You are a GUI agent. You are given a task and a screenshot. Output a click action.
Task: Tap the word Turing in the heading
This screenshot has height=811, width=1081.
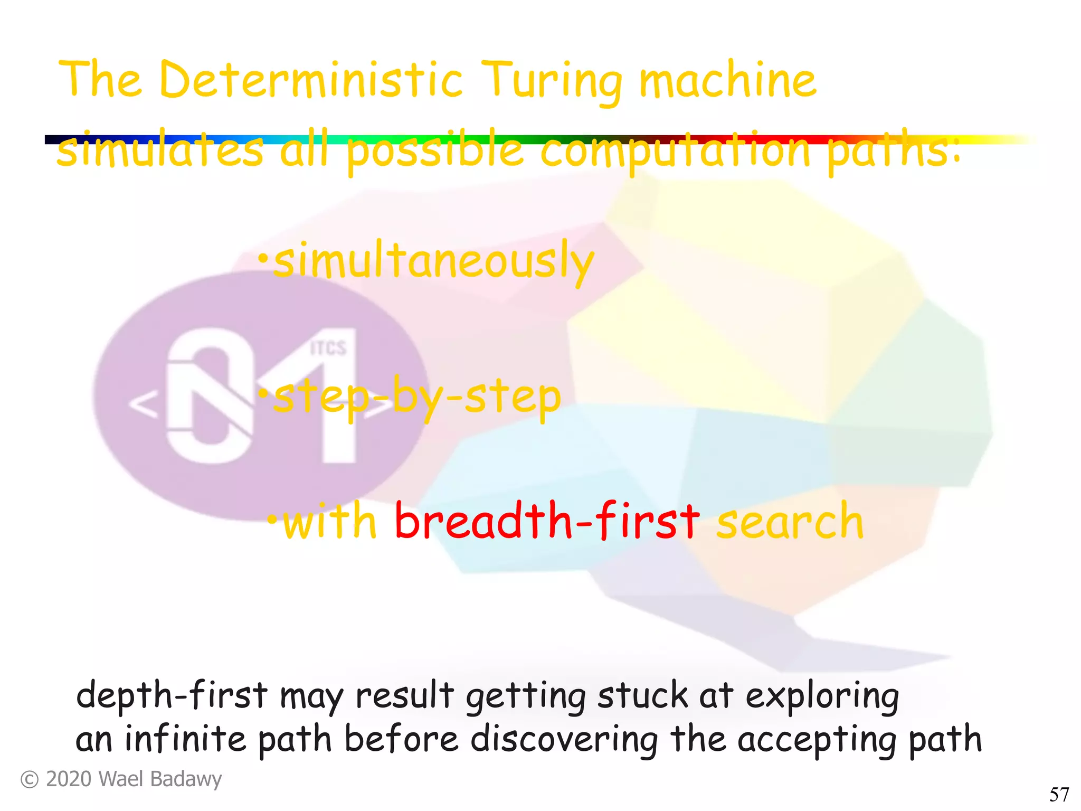(552, 82)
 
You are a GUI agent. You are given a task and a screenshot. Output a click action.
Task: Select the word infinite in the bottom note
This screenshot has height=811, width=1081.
(185, 739)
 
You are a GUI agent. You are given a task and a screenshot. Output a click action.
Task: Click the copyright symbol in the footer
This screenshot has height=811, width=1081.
(29, 780)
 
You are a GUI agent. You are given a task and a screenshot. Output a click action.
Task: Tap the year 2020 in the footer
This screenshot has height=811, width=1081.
(69, 779)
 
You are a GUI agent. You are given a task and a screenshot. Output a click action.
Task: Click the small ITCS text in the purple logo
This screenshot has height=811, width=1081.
(328, 348)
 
